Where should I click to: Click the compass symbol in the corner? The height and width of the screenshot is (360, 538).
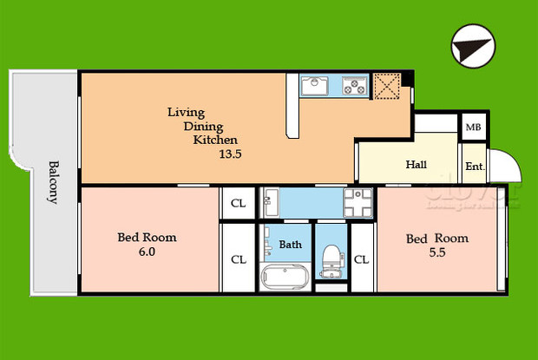coord(473,46)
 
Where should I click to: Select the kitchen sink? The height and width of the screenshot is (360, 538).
coord(313,85)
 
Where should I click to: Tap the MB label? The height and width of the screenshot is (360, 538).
coord(473,128)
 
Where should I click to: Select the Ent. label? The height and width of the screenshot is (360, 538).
coord(474,167)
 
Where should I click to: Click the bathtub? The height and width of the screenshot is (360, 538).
coord(285,278)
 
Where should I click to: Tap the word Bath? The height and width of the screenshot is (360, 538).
coord(291,245)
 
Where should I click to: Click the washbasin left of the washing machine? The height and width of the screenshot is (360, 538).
coord(270,204)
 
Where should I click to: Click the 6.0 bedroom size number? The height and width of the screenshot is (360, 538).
coord(146,252)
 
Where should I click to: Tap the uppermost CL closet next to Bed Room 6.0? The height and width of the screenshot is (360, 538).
coord(237,205)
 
